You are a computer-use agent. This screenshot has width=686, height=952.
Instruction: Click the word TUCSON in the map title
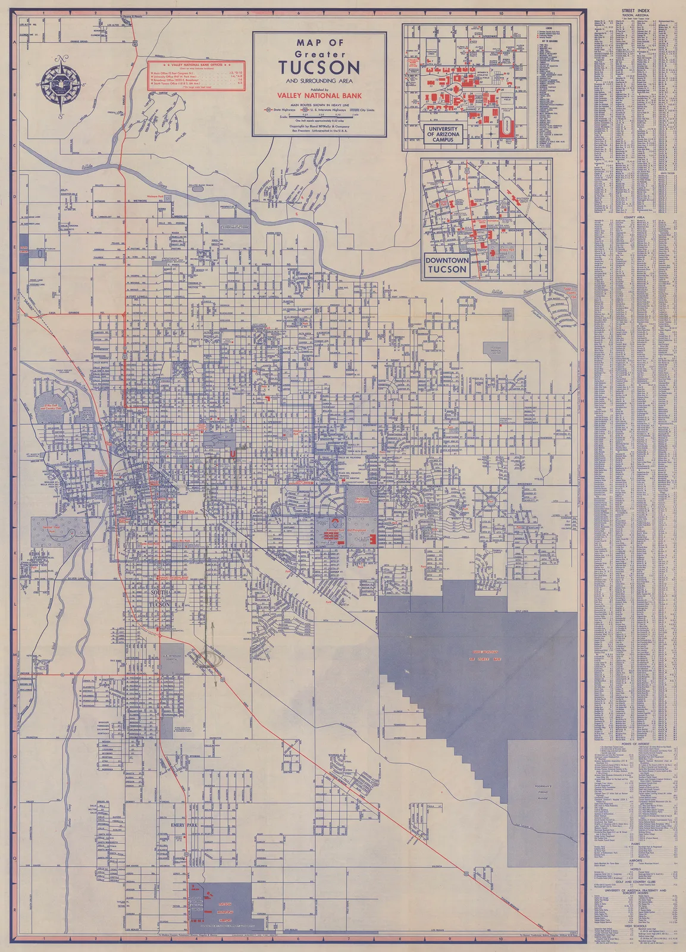tap(319, 67)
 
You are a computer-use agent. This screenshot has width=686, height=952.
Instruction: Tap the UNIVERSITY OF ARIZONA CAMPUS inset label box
tap(443, 134)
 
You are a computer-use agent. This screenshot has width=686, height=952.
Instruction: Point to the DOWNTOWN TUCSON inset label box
tap(446, 265)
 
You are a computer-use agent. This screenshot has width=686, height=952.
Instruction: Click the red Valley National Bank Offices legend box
tap(197, 75)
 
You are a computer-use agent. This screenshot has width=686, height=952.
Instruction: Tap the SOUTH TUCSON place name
tap(160, 599)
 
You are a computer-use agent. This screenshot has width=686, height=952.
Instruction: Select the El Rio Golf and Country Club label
tap(52, 408)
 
